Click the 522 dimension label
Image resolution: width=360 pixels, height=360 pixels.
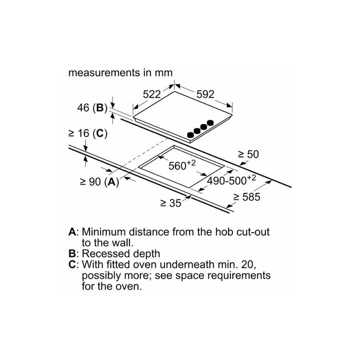152,94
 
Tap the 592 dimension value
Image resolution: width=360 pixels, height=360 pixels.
205,94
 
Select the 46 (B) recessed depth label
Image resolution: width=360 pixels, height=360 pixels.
92,107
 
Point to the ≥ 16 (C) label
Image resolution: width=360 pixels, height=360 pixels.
88,133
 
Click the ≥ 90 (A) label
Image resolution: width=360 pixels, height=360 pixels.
99,182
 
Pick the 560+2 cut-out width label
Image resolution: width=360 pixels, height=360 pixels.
182,165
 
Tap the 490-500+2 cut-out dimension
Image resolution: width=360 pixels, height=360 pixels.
231,180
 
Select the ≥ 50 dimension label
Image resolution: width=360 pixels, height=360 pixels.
248,154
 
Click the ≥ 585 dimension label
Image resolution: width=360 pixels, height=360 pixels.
247,197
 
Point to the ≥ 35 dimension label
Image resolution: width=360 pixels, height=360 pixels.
171,203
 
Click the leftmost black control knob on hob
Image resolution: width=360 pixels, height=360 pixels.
190,135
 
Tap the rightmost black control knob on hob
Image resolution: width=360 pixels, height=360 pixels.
210,123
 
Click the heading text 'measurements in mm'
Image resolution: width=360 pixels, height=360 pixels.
120,73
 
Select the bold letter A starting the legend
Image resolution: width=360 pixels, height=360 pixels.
72,232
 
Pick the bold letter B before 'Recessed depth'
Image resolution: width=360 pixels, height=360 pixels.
72,254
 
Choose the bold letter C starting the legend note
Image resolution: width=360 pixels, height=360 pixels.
72,264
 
